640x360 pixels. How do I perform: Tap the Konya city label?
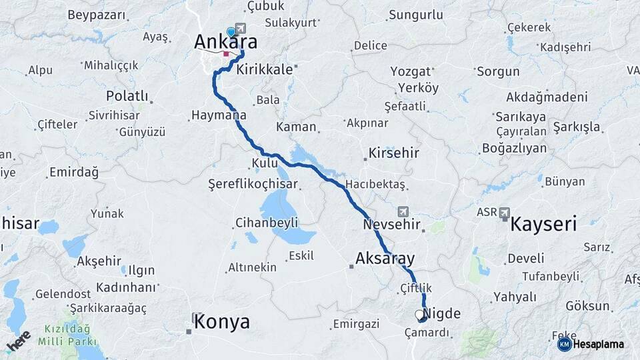pos(222,323)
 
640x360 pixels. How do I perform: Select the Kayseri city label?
pos(543,224)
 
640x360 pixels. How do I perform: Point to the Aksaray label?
pos(385,258)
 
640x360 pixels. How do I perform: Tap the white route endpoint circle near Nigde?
pos(419,314)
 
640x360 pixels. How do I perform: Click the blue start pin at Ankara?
pos(231,31)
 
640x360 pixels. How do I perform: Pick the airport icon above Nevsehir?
pos(403,211)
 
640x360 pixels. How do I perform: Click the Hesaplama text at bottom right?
pos(598,345)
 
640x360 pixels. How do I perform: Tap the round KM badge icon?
pos(564,345)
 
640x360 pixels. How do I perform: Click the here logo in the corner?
pos(18,341)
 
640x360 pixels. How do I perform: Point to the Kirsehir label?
pos(394,153)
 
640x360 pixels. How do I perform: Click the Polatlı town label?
pos(127,95)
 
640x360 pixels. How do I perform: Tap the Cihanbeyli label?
pos(266,223)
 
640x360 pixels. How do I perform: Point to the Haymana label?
pos(219,115)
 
